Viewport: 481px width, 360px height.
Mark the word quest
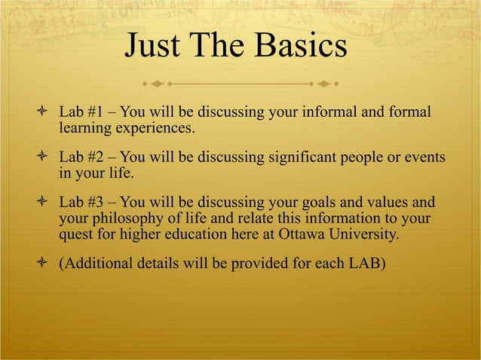tap(75, 235)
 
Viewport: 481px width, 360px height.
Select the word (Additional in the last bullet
tap(95, 264)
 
